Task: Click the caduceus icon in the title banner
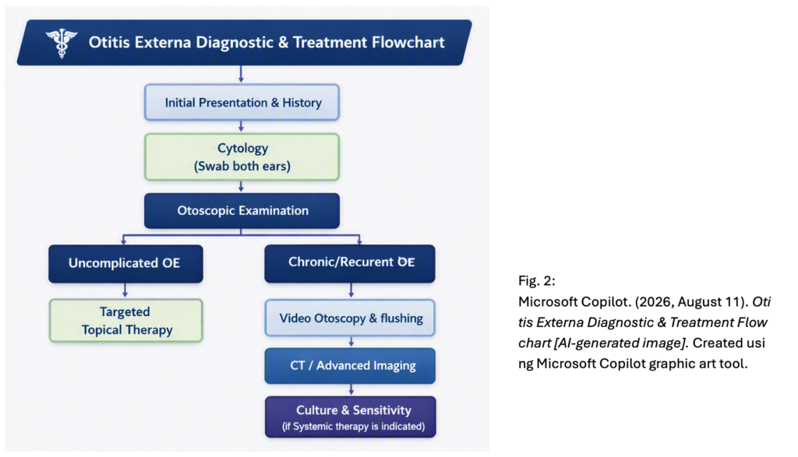[62, 44]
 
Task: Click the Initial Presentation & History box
[242, 102]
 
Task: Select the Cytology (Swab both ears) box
[242, 157]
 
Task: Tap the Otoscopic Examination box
[242, 210]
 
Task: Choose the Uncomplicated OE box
[125, 263]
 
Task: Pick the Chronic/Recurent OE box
[350, 263]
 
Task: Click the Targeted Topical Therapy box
[125, 320]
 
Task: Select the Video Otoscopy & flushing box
[350, 318]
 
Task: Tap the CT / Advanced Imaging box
[350, 365]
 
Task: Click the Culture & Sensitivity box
[351, 417]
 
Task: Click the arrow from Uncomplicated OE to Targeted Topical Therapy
[125, 290]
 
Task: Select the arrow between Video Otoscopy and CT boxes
[351, 342]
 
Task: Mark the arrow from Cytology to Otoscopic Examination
[242, 187]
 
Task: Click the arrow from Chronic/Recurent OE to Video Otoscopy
[351, 290]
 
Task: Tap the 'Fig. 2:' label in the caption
[537, 280]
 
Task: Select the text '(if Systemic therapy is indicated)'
[354, 427]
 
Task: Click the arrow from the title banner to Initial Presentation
[242, 74]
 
